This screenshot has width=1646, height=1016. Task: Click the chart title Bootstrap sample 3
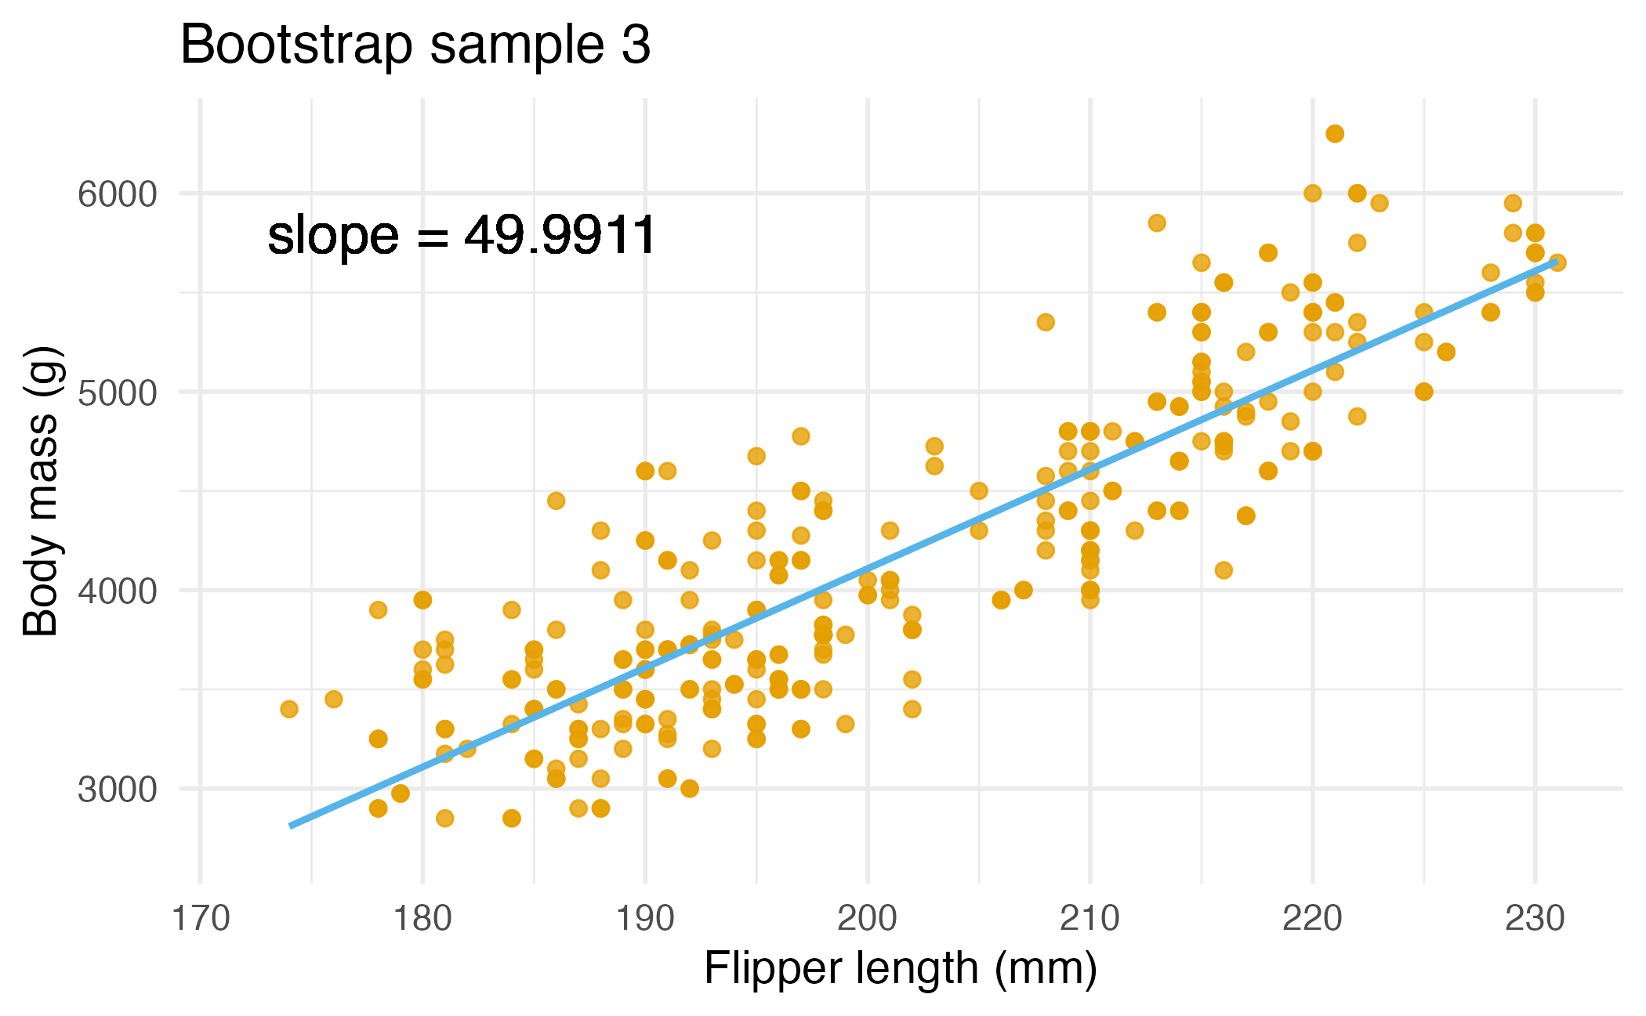415,45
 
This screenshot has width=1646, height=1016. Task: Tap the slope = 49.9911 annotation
462,235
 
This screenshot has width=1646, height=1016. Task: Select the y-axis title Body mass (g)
41,491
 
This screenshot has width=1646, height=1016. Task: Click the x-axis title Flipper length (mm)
900,968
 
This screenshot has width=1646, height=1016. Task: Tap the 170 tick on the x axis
201,918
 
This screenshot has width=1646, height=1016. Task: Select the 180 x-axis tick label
423,918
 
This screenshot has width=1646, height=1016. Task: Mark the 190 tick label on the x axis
645,918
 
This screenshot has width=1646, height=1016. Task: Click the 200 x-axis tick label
868,918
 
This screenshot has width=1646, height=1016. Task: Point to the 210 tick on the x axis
1089,918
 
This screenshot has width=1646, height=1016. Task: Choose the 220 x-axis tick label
1312,918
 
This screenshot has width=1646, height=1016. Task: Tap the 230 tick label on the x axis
1535,918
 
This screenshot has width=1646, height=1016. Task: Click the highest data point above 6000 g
1335,134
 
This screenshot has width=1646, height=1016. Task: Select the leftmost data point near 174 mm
289,709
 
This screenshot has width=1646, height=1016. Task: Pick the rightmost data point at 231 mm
1557,262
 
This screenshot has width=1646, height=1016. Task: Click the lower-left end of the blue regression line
292,825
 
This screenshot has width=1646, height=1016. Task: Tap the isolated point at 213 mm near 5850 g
1157,223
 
